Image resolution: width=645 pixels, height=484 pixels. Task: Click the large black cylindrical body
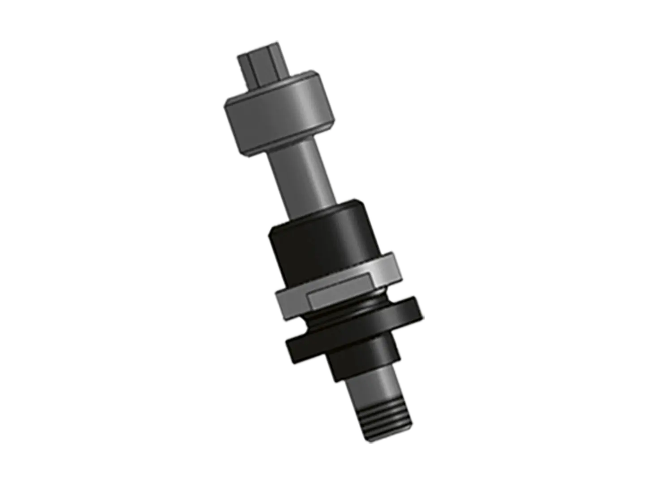click(x=322, y=242)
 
